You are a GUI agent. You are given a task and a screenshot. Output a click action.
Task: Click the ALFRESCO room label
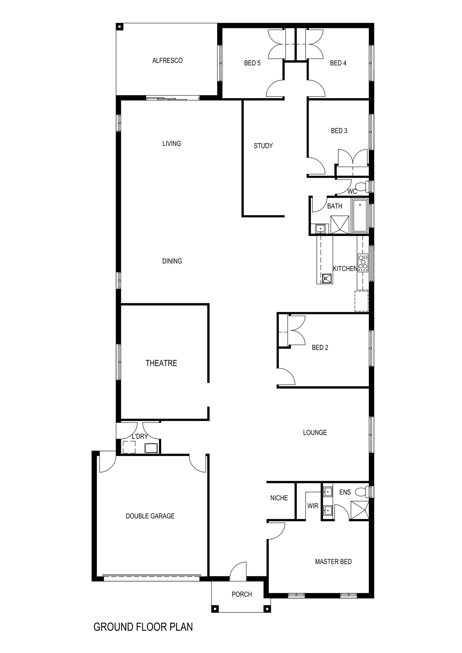(167, 61)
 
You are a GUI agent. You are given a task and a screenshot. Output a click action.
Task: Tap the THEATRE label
(161, 363)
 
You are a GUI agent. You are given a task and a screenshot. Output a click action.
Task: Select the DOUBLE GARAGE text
(150, 516)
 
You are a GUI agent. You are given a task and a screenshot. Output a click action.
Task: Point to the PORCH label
(242, 594)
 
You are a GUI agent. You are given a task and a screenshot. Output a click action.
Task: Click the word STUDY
(263, 146)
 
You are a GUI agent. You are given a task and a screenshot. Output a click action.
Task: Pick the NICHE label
(279, 498)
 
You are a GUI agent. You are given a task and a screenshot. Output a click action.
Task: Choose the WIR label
(313, 506)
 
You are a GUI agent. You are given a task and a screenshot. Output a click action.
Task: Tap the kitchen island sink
(327, 278)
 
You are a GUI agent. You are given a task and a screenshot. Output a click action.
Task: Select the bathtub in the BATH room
(360, 216)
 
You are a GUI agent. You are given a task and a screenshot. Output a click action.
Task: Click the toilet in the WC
(363, 187)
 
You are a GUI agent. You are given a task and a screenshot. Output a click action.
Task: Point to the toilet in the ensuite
(362, 492)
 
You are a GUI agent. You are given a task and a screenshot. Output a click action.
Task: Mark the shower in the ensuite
(360, 510)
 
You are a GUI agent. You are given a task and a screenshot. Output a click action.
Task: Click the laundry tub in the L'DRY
(151, 448)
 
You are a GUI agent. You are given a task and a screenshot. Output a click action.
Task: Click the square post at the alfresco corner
(119, 27)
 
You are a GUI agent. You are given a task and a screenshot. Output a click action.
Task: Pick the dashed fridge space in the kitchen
(362, 301)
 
